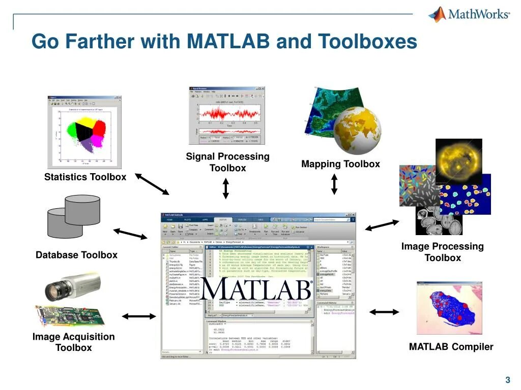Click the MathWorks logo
click(x=469, y=14)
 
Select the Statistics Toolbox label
click(x=85, y=177)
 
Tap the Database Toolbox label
click(x=76, y=255)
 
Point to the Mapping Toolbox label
click(x=340, y=164)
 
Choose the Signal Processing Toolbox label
click(x=227, y=162)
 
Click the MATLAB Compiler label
click(x=451, y=347)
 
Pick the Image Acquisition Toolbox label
click(x=74, y=342)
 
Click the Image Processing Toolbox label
click(x=442, y=252)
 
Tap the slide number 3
click(x=507, y=380)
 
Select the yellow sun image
click(x=459, y=161)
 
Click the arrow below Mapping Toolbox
click(x=334, y=184)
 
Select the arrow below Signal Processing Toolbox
click(x=226, y=188)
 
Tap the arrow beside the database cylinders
click(x=130, y=234)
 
